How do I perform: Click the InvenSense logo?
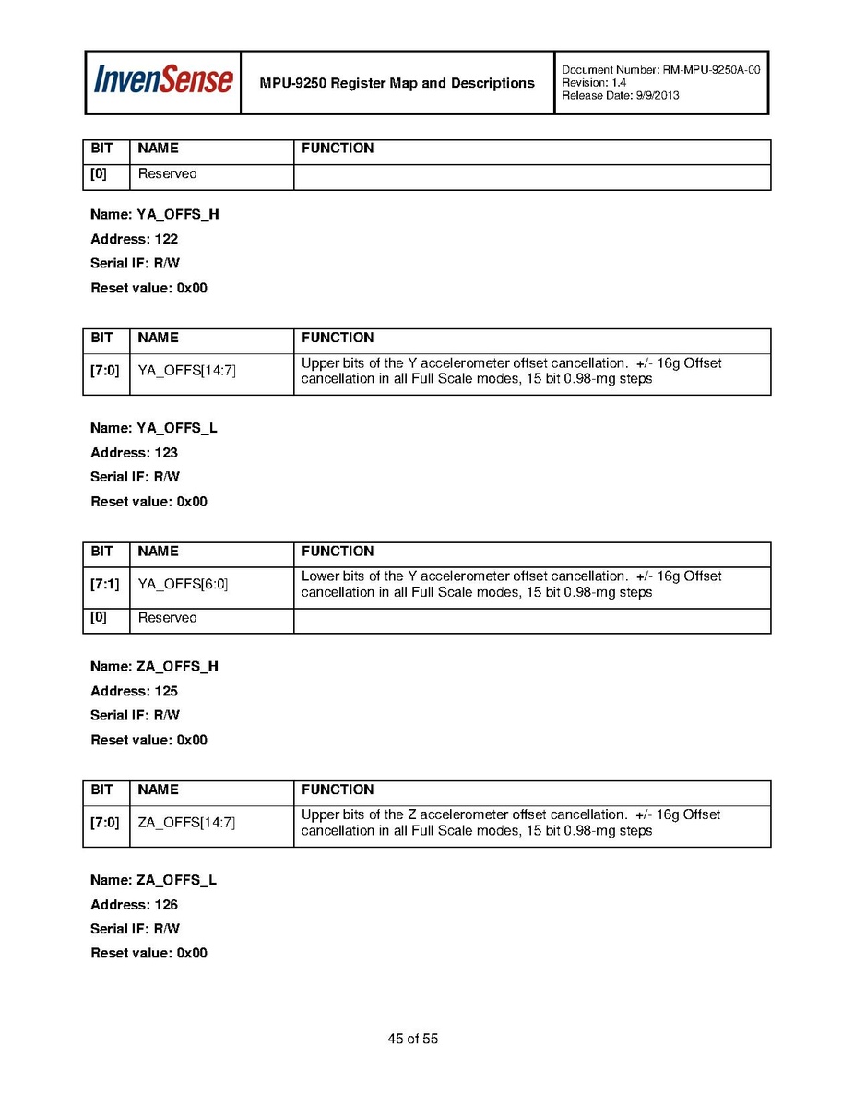(162, 82)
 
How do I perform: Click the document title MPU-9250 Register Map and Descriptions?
(397, 83)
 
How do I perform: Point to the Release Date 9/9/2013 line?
(620, 95)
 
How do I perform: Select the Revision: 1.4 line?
(594, 83)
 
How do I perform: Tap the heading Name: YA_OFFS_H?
(154, 215)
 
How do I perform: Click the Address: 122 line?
(134, 239)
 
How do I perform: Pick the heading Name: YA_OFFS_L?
(154, 429)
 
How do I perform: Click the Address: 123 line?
(134, 453)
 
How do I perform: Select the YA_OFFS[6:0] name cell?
(183, 585)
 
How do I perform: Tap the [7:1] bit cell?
(104, 585)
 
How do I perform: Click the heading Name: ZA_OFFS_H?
(154, 667)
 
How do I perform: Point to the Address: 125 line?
(134, 691)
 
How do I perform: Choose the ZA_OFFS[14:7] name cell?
(186, 823)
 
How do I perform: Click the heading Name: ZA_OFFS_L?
(153, 881)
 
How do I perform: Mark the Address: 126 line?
(134, 905)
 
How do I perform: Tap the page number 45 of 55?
(413, 1040)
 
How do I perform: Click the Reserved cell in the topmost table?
(167, 174)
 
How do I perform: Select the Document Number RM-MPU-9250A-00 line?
(660, 70)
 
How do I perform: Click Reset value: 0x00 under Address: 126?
(148, 953)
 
